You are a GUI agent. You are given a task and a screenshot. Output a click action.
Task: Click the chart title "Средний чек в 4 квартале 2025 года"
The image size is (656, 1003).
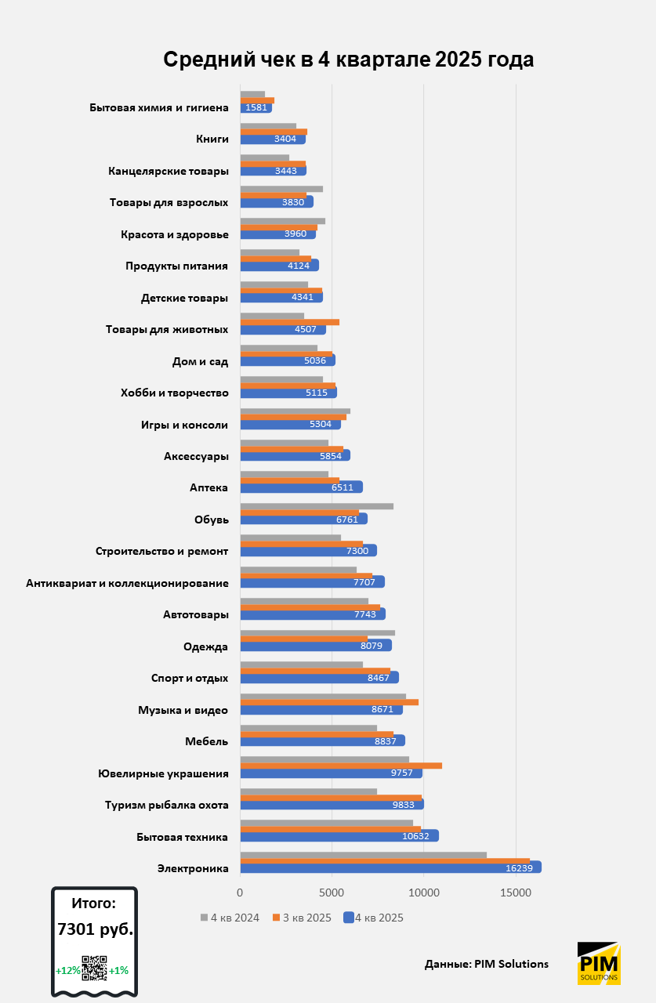point(348,60)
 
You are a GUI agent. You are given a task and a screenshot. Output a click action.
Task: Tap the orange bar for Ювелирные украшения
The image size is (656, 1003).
point(340,766)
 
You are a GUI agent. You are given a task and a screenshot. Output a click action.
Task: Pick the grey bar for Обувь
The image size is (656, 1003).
point(316,506)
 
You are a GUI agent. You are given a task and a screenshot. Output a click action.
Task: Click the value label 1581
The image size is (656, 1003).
point(256,108)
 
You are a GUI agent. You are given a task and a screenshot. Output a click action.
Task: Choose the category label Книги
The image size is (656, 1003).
point(212,139)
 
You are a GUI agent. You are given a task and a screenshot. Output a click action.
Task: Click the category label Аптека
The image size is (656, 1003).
point(208,487)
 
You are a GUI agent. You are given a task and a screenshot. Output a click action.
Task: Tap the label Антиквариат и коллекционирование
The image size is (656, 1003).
point(127,583)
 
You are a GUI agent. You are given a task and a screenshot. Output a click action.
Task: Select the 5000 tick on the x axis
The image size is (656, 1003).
point(332,893)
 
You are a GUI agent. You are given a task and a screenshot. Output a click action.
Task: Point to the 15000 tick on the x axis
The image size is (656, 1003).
point(516,893)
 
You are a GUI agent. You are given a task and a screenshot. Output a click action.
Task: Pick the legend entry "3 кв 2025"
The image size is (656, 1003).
point(303,918)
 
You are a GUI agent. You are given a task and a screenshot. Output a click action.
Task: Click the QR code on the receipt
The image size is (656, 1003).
point(94,969)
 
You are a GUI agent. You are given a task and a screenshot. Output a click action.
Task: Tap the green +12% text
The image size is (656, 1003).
point(67,970)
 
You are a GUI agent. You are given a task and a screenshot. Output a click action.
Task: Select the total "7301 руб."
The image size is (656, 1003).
point(95,929)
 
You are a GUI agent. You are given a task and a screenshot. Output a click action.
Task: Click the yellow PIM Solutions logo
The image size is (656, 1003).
point(599,963)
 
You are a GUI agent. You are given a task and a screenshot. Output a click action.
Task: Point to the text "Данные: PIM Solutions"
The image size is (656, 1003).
point(487,964)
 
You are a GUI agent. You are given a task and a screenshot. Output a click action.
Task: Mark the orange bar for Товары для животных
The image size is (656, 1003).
point(289,322)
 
